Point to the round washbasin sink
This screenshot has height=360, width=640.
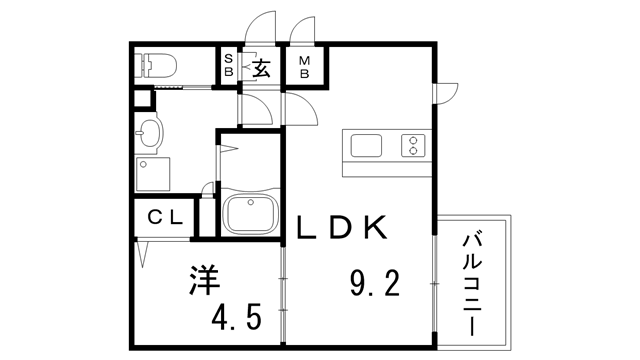point(150,131)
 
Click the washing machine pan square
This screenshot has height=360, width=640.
point(153,175)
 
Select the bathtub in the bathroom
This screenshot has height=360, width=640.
point(248,213)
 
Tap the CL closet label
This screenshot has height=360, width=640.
point(164,217)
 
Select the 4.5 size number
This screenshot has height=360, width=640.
point(236,318)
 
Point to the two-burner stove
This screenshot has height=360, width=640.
point(412,145)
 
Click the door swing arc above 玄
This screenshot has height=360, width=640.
point(261,24)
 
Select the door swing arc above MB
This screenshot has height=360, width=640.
point(302,27)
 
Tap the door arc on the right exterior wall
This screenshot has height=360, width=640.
point(446,90)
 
